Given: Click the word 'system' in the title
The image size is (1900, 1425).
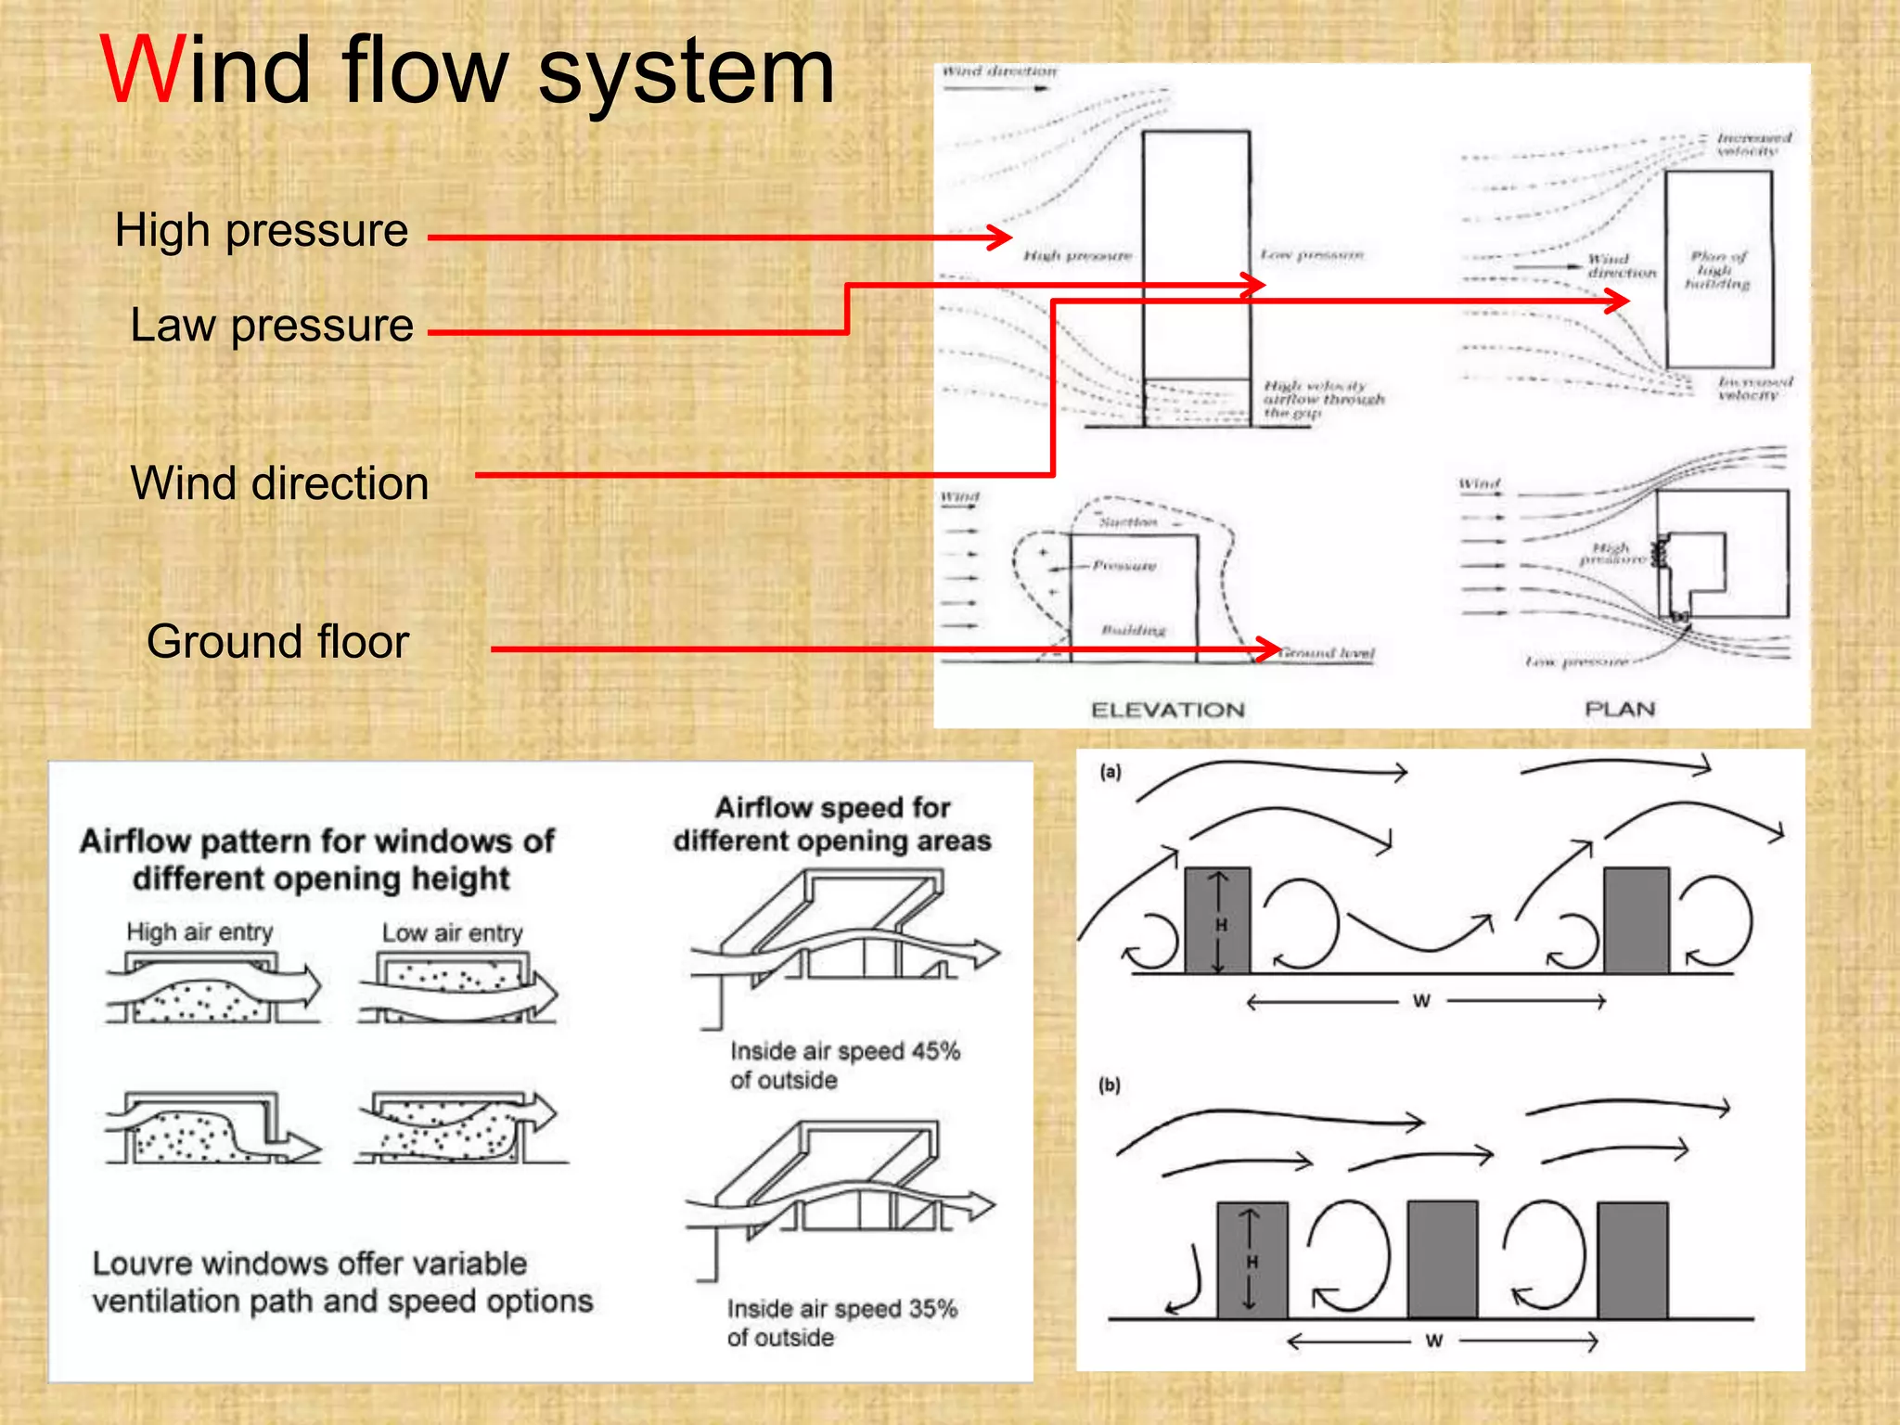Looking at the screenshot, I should tap(687, 74).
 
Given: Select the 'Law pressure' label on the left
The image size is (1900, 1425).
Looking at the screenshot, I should tap(271, 326).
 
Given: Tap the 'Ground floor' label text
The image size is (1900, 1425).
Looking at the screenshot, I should tap(277, 642).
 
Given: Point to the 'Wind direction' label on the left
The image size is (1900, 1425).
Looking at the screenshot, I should tap(279, 483).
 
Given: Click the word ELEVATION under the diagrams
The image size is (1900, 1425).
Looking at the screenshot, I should tap(1167, 711).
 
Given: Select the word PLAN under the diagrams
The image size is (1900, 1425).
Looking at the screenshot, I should tap(1620, 710).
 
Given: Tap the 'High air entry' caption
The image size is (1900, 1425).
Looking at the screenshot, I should tap(199, 931).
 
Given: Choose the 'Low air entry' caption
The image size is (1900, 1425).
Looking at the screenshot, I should tap(452, 932).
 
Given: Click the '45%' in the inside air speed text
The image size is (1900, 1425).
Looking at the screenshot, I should tap(935, 1051).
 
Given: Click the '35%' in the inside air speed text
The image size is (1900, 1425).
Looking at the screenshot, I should tap(932, 1309).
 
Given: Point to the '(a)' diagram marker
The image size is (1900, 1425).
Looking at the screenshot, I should tap(1110, 772).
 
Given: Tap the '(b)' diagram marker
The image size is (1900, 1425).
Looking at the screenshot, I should tap(1110, 1085).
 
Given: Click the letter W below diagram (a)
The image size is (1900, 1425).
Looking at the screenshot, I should tap(1421, 1001).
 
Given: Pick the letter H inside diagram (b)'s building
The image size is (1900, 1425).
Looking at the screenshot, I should tap(1252, 1262).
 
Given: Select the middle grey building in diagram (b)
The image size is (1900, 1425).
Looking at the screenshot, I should tap(1442, 1259).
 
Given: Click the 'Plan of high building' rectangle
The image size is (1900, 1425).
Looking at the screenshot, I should tap(1718, 269).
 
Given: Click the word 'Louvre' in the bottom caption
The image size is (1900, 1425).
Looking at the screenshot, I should tap(143, 1264).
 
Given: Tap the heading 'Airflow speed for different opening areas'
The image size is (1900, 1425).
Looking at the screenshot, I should tap(832, 824).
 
